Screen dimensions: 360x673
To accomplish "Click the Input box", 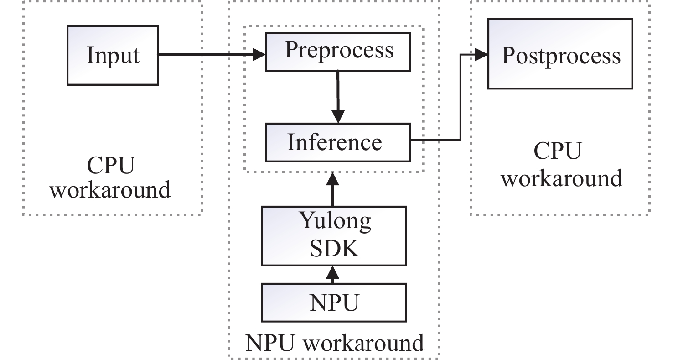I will [113, 55].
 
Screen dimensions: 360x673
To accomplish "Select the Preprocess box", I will [338, 50].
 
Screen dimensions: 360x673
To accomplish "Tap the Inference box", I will [337, 142].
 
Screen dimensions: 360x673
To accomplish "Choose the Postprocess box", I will [561, 53].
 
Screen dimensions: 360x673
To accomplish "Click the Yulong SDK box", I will [334, 235].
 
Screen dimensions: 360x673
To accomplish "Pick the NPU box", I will [334, 303].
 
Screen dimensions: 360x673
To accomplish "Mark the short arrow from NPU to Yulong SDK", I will [333, 275].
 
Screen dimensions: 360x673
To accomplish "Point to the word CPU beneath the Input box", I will [111, 167].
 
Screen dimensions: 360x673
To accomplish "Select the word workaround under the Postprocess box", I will [561, 178].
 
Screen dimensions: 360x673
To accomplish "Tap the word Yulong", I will [335, 221].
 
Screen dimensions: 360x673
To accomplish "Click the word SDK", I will [334, 249].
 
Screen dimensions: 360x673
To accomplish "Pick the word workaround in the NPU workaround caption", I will [363, 343].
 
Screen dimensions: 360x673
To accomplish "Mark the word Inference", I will [334, 142].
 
